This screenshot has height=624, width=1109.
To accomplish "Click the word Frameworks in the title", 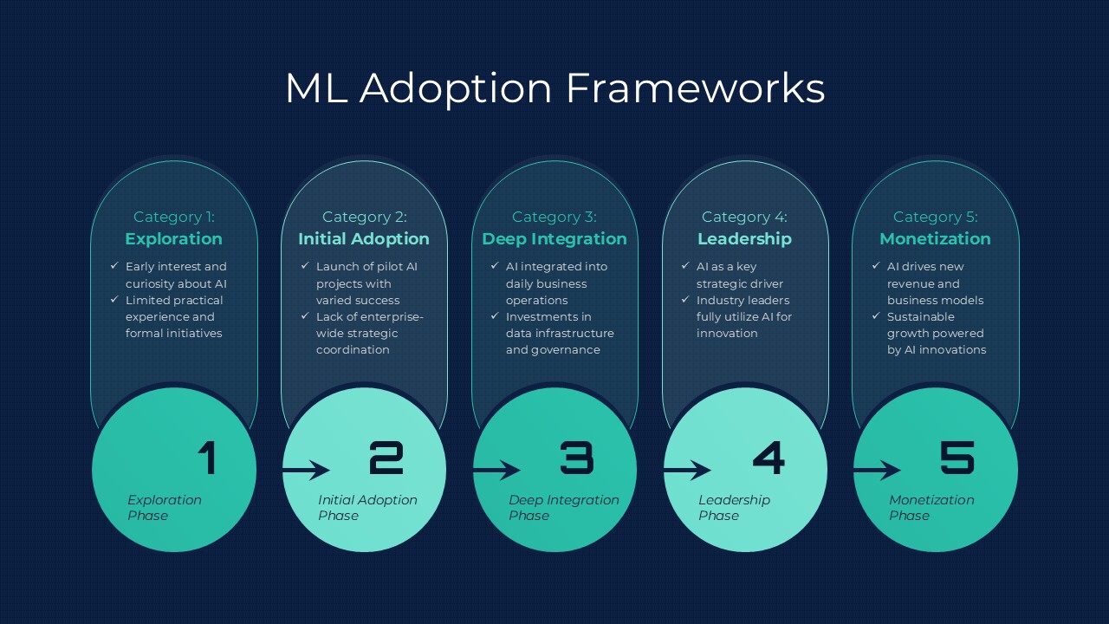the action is (x=695, y=88).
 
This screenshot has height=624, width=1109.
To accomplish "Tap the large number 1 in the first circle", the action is (x=207, y=458).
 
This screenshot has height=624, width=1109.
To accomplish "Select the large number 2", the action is (x=386, y=458).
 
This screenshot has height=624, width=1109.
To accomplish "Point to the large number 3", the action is (x=577, y=458).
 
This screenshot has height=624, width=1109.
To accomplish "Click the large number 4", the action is (x=769, y=458).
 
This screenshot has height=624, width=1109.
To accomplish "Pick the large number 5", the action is (x=957, y=458).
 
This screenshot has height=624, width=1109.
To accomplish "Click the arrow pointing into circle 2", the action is (x=306, y=470).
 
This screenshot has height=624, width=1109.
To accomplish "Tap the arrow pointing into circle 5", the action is (x=877, y=470).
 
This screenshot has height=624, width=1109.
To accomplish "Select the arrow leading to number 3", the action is (x=496, y=470).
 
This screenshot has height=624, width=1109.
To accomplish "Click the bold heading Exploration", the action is (x=174, y=239).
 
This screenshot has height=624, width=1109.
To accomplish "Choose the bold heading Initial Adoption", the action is (x=363, y=239).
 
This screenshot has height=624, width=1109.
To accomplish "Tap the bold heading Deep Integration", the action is (x=554, y=239).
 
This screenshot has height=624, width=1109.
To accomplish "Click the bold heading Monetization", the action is (x=935, y=239).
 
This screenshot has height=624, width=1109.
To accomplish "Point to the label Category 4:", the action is (x=744, y=217).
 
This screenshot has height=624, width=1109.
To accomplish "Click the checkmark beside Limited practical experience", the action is (x=114, y=299).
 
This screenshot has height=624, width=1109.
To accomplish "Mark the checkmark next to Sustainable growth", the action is (x=876, y=315).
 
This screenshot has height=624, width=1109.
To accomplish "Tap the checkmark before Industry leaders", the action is (x=685, y=299).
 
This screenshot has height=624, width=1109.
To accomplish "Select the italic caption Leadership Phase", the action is (x=734, y=508).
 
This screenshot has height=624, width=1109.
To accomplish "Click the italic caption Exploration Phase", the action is (x=165, y=508).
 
